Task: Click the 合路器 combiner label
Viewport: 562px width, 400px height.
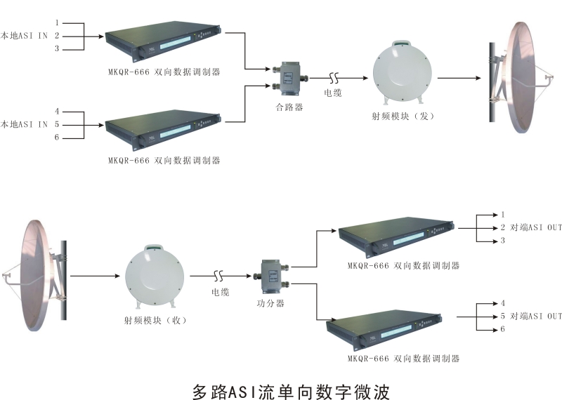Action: click(289, 107)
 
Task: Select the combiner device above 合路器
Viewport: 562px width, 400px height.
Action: click(289, 78)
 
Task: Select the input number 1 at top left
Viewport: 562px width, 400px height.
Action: click(57, 22)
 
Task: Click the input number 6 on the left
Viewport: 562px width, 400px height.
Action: click(57, 137)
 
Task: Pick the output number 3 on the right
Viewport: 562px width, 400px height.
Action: click(503, 241)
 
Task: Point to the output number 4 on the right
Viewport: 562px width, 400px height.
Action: click(503, 302)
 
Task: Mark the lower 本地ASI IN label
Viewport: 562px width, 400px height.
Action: click(24, 124)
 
